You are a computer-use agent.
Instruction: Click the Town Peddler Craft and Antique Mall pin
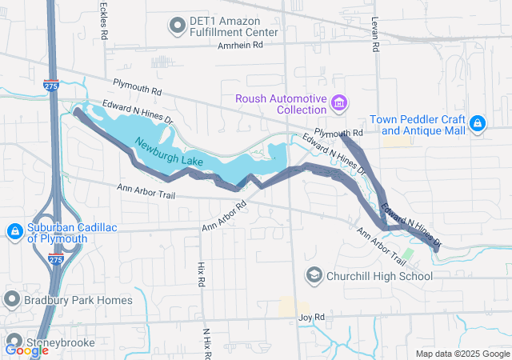(478, 123)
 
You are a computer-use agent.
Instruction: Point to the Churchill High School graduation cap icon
(314, 276)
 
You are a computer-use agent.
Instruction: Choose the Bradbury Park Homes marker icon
(12, 299)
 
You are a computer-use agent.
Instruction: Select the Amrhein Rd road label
(240, 46)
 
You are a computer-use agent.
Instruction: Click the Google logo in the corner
(26, 350)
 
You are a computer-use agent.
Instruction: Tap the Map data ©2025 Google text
(462, 354)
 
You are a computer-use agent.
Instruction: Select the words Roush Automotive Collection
(281, 103)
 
